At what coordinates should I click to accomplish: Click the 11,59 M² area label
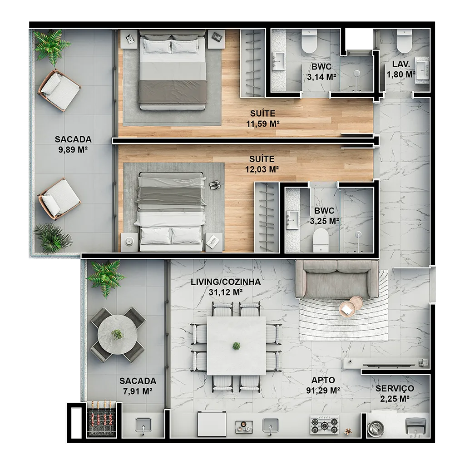pyautogui.click(x=263, y=124)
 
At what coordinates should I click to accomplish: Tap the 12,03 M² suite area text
pyautogui.click(x=262, y=169)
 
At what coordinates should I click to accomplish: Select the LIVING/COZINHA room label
pyautogui.click(x=226, y=282)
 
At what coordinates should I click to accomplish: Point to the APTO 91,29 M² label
pyautogui.click(x=323, y=385)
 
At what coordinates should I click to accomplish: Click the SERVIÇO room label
pyautogui.click(x=395, y=389)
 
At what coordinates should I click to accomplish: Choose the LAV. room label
pyautogui.click(x=401, y=64)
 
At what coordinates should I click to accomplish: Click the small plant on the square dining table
pyautogui.click(x=236, y=346)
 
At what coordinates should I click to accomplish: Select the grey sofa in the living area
pyautogui.click(x=337, y=279)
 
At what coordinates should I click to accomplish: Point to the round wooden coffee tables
pyautogui.click(x=351, y=307)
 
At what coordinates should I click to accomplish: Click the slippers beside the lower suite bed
pyautogui.click(x=214, y=185)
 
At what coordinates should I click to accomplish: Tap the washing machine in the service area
pyautogui.click(x=376, y=428)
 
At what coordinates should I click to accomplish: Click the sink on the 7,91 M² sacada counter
pyautogui.click(x=143, y=425)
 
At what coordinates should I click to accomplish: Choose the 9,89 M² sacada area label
pyautogui.click(x=73, y=144)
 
